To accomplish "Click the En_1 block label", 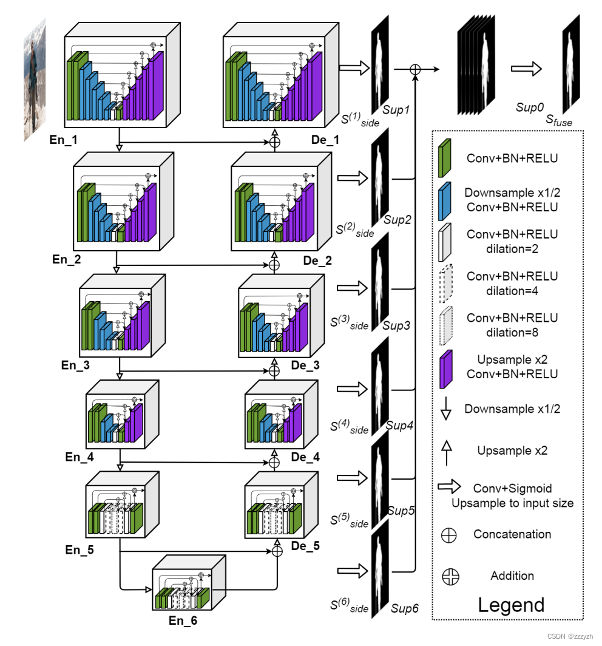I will pyautogui.click(x=66, y=140).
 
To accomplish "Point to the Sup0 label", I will pyautogui.click(x=530, y=107).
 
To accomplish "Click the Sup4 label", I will pyautogui.click(x=399, y=426).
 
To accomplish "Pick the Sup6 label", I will pyautogui.click(x=405, y=607).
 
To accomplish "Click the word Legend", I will pyautogui.click(x=511, y=605).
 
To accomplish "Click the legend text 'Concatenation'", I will pyautogui.click(x=512, y=534).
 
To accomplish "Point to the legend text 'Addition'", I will pyautogui.click(x=512, y=576).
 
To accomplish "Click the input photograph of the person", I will pyautogui.click(x=35, y=79).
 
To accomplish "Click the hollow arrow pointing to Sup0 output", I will pyautogui.click(x=526, y=70).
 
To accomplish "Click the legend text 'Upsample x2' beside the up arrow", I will pyautogui.click(x=512, y=451).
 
